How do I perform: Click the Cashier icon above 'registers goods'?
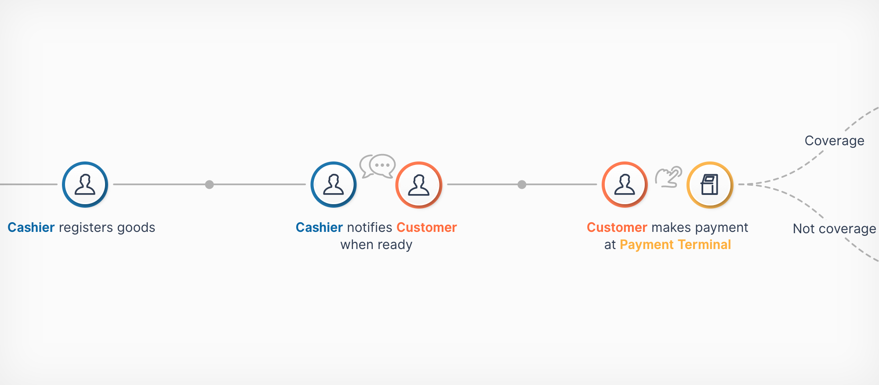[x=85, y=184]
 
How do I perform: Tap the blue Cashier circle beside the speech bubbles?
[x=334, y=184]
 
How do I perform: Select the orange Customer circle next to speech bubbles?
[x=418, y=184]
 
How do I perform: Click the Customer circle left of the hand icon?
[x=625, y=184]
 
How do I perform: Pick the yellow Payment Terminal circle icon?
[x=710, y=184]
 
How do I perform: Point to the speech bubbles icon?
[x=378, y=166]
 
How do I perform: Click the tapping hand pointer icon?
[x=668, y=176]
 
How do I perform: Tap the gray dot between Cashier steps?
[x=210, y=184]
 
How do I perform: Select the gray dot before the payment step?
[x=522, y=184]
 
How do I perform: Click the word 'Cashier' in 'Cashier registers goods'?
[x=31, y=227]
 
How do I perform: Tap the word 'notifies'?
[x=369, y=227]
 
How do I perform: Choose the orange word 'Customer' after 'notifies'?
[x=426, y=227]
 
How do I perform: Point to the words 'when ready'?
[x=376, y=245]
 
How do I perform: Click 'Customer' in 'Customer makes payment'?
[x=617, y=227]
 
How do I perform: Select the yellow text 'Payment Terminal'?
[x=675, y=245]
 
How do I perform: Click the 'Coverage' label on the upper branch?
[x=834, y=141]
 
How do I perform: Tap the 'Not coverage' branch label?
[x=834, y=229]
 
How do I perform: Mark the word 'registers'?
[x=86, y=228]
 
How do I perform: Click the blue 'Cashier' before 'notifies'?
[x=319, y=227]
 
